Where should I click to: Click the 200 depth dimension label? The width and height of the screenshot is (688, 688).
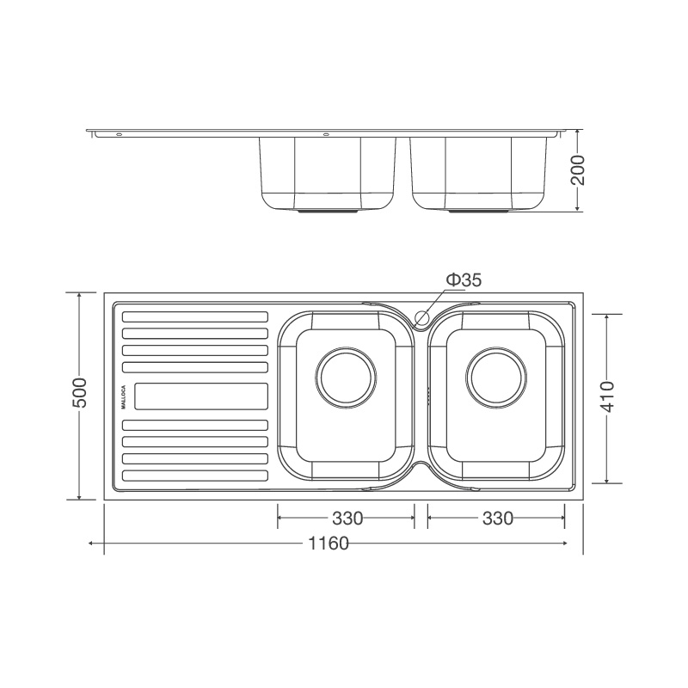tap(578, 171)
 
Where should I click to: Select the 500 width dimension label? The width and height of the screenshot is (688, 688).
tap(79, 395)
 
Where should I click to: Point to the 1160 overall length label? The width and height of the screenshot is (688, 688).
tap(326, 544)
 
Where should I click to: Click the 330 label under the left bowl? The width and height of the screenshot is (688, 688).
tap(347, 518)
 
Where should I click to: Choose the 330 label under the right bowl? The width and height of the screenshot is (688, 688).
tap(496, 518)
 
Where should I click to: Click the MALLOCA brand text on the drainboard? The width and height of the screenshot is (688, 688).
tap(124, 396)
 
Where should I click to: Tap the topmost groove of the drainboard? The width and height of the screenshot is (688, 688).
tap(195, 316)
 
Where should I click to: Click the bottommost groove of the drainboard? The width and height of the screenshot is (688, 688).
tap(195, 476)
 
